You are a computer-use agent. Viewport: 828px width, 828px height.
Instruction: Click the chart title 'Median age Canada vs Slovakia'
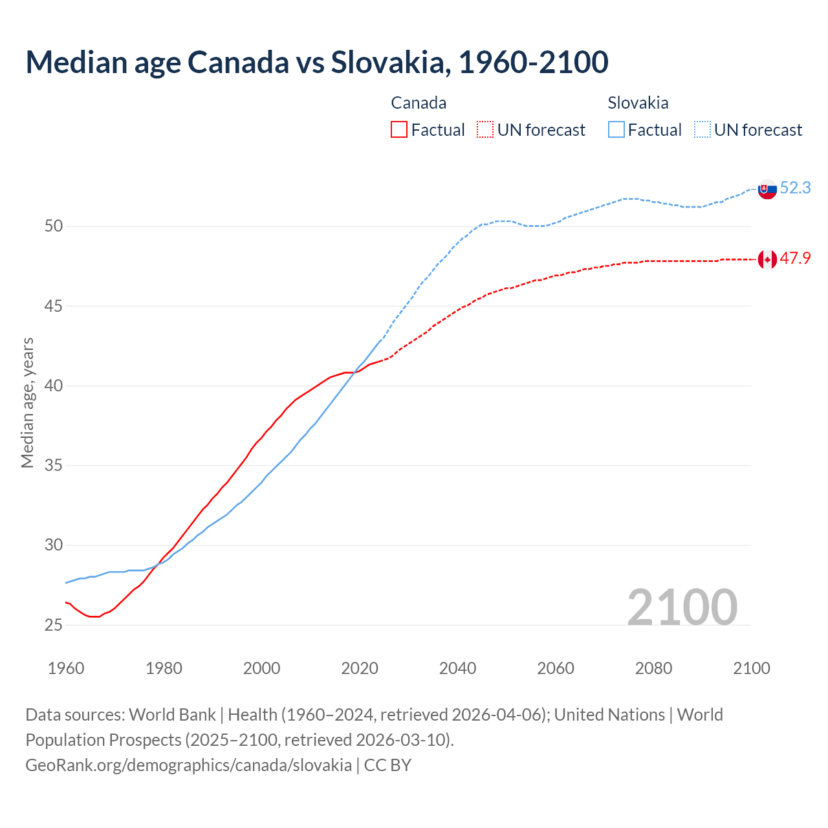click(316, 62)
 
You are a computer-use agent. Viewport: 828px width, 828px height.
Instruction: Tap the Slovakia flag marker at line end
click(767, 189)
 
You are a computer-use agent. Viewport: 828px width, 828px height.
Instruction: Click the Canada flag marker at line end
click(767, 259)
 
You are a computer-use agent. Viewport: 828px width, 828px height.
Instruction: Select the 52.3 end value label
click(795, 188)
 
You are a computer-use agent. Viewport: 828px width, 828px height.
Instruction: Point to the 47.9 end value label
click(795, 258)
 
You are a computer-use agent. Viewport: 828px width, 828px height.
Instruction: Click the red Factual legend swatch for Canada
click(399, 129)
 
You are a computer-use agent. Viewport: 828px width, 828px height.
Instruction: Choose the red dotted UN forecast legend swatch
click(485, 129)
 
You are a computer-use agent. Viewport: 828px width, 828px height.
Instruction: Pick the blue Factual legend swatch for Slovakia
click(616, 129)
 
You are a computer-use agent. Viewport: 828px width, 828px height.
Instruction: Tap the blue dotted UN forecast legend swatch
click(703, 129)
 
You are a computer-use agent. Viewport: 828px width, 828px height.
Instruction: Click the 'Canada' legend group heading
click(419, 103)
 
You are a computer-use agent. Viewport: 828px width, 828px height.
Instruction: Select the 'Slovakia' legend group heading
click(638, 103)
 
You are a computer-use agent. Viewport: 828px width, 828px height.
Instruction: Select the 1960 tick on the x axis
click(66, 668)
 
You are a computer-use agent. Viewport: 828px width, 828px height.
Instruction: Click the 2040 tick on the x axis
click(457, 668)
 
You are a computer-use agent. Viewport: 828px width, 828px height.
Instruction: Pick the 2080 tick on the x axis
click(653, 668)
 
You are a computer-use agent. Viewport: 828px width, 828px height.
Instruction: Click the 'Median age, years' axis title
click(27, 402)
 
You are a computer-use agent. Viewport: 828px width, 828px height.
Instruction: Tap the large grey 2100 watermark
click(682, 607)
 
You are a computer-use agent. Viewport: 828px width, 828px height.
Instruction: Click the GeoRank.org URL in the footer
click(188, 765)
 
